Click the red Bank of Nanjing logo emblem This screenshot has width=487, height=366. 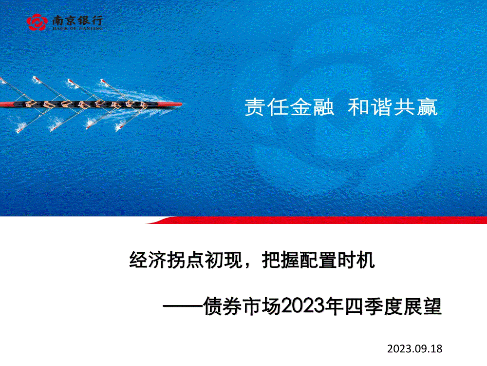coord(37,22)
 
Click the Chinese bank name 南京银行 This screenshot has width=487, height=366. coord(77,20)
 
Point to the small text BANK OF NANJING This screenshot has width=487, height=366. coord(77,28)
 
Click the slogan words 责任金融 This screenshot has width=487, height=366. coord(289,107)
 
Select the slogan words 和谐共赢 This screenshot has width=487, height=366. coord(393,107)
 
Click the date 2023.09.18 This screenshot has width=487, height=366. coord(414,348)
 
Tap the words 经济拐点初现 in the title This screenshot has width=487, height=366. coord(186,260)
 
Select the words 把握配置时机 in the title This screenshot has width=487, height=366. coord(318,260)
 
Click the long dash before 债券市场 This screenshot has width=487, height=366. coord(183,307)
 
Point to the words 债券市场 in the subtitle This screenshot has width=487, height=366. coord(242,306)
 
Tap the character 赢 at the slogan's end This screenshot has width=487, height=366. coord(428,107)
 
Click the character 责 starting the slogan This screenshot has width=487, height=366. coord(255,107)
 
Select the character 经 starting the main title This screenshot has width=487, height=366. coord(138,260)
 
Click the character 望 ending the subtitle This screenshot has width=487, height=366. coord(432,306)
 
